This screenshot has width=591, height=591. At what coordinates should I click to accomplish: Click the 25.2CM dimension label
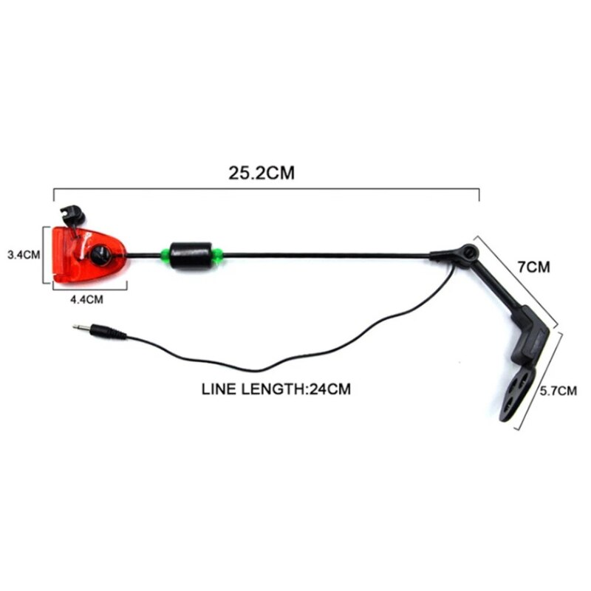coord(261,174)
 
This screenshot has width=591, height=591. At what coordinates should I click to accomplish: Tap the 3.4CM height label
coord(22,255)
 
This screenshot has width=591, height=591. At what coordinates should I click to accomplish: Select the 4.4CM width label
coord(86,298)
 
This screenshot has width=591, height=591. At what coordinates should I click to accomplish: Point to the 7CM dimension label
coord(533,267)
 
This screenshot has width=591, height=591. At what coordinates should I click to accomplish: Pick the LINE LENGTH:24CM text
coord(275,389)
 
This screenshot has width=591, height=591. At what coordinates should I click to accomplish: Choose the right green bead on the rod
coord(217,256)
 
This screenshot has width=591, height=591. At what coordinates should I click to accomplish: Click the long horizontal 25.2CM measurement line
coord(266,189)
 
